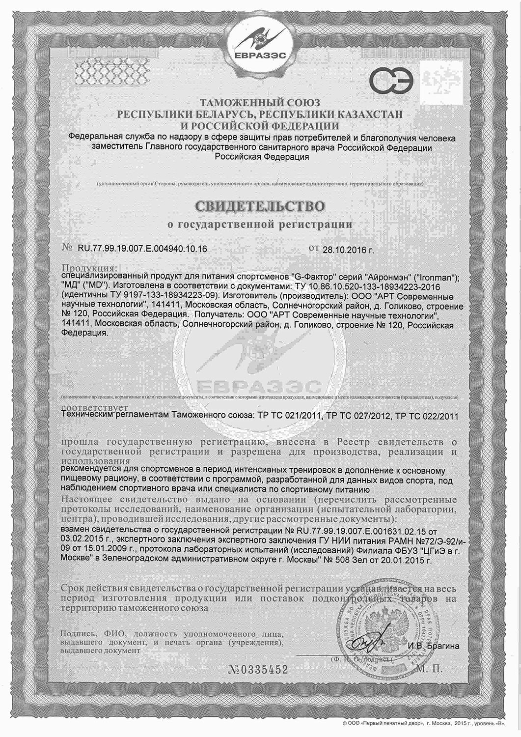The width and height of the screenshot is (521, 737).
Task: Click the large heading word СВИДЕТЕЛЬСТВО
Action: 260,206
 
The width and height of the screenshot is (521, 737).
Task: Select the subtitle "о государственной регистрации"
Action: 260,224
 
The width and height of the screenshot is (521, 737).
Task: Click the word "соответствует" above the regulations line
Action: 96,408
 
